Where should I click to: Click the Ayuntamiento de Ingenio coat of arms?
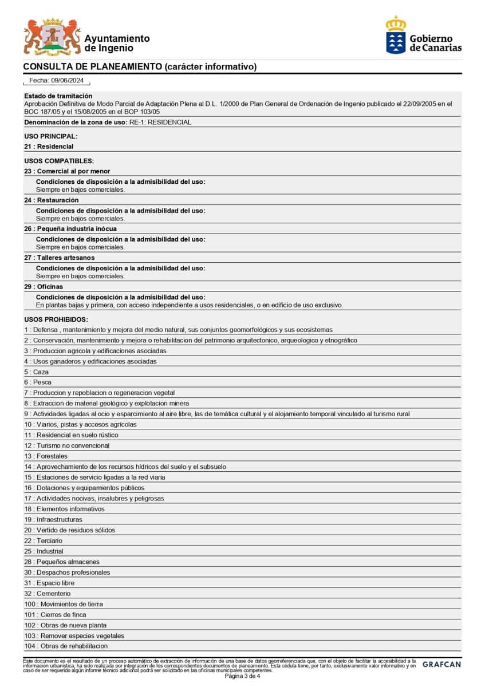(52, 37)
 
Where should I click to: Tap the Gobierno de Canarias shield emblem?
(396, 35)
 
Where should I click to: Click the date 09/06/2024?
(67, 81)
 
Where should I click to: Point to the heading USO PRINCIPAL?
(51, 136)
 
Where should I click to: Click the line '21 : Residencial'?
(49, 147)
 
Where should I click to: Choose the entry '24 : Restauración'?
(52, 200)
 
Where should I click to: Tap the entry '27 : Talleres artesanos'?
(60, 258)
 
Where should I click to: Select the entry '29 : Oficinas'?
(44, 286)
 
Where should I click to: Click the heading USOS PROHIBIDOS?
(56, 319)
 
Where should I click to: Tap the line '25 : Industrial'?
(44, 551)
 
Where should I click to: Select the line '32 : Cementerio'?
(48, 594)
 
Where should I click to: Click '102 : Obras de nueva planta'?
(65, 625)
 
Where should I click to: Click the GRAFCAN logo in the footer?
(441, 664)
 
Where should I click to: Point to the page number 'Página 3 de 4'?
(242, 676)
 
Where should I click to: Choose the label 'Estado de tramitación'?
(58, 96)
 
